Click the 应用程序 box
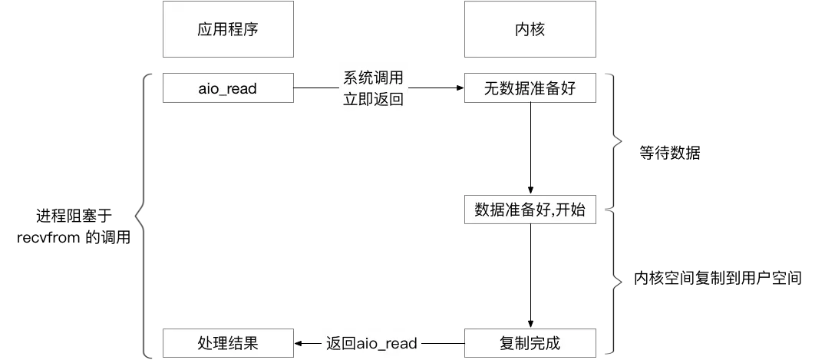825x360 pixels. click(x=227, y=31)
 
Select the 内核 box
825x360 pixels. click(x=530, y=31)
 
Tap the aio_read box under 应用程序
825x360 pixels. click(x=227, y=89)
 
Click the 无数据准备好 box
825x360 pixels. click(x=530, y=89)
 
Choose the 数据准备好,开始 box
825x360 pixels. click(x=530, y=210)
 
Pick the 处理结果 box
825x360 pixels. click(x=227, y=343)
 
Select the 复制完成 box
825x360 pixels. click(x=530, y=343)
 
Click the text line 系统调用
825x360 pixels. click(x=373, y=78)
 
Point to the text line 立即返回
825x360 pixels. click(x=373, y=100)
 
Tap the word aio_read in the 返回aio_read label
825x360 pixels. click(x=387, y=343)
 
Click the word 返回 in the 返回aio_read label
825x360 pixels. click(x=341, y=343)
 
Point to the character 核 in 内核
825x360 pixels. click(x=538, y=31)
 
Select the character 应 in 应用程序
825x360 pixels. click(x=205, y=31)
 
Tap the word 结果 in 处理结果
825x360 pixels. click(x=243, y=343)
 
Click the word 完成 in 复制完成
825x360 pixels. click(x=546, y=343)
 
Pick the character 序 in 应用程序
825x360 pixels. click(x=250, y=31)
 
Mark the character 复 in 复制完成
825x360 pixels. click(x=507, y=343)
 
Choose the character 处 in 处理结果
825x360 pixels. click(x=205, y=343)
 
